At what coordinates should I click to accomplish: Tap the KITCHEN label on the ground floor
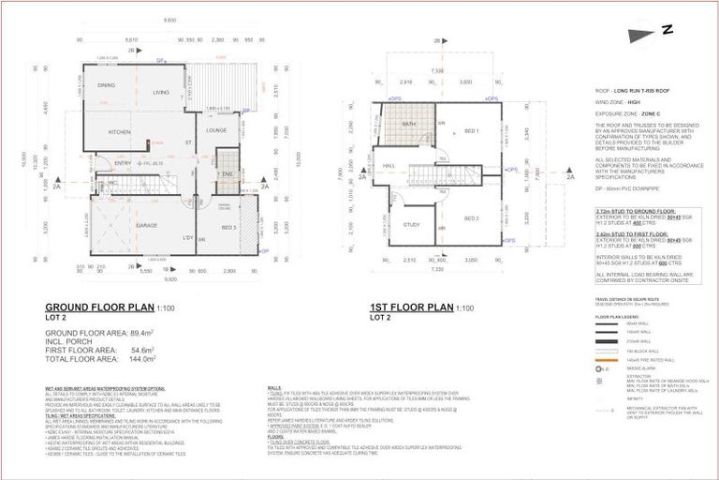[x=119, y=131]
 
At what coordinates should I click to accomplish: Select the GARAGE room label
[x=146, y=226]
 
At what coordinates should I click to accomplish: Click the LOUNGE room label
[x=218, y=129]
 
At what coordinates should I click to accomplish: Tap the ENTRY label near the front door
[x=124, y=163]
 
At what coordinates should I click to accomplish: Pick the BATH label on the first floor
[x=409, y=124]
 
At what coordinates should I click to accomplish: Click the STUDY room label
[x=412, y=225]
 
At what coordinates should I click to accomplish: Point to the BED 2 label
[x=471, y=217]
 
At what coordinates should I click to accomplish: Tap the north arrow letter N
[x=668, y=30]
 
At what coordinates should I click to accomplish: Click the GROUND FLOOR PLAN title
[x=99, y=307]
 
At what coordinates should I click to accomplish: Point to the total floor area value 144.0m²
[x=143, y=358]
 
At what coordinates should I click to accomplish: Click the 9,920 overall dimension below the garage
[x=169, y=278]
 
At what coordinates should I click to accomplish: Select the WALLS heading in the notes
[x=274, y=385]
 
